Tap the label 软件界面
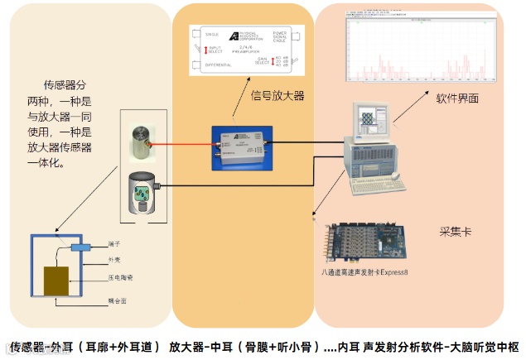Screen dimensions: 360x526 (457, 97)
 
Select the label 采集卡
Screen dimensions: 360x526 (455, 232)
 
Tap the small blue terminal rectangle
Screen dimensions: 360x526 (80, 247)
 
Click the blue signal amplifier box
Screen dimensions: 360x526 (242, 149)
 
